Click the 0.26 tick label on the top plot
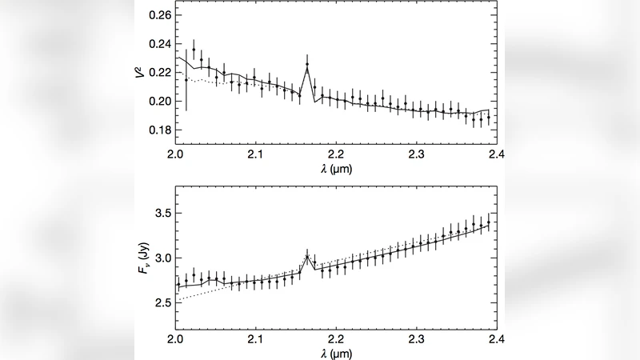tap(160, 15)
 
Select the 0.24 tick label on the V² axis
tap(160, 44)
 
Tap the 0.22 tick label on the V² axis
tap(160, 73)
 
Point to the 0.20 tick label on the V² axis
tap(160, 102)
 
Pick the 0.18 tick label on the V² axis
tap(160, 130)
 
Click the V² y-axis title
tap(141, 73)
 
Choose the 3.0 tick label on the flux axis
tap(162, 258)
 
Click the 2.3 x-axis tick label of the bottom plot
tap(415, 338)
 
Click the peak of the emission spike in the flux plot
tap(307, 256)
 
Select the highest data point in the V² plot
tap(194, 50)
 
